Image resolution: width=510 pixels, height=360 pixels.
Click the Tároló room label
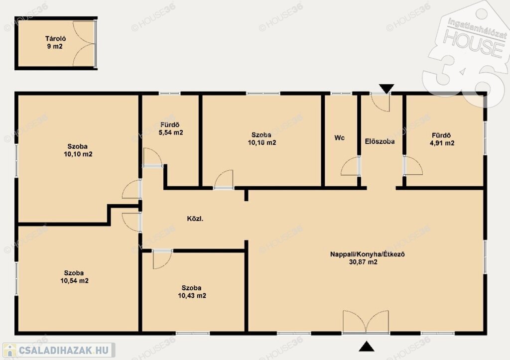(x=55, y=39)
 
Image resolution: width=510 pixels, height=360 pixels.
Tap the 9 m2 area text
(x=55, y=46)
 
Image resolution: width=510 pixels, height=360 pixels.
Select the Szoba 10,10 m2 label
(x=78, y=150)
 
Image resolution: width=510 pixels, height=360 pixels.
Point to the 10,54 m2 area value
(x=75, y=281)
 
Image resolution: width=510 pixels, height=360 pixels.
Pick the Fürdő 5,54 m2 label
(x=171, y=129)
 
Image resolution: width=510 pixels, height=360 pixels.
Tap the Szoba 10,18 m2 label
(x=262, y=139)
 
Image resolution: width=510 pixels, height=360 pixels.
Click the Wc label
(x=339, y=138)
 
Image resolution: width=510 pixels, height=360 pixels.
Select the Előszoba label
(x=380, y=141)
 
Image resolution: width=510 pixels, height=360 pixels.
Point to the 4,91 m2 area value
(x=442, y=143)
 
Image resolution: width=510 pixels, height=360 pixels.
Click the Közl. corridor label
(x=195, y=219)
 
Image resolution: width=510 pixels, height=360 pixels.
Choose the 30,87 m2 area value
(x=363, y=262)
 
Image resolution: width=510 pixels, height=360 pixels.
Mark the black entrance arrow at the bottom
(x=367, y=347)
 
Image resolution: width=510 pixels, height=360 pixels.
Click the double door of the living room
(x=366, y=322)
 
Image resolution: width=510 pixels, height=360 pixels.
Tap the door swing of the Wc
(x=351, y=166)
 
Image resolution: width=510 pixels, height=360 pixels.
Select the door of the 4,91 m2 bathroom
(x=413, y=166)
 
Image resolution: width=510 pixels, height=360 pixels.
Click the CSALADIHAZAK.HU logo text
(x=63, y=350)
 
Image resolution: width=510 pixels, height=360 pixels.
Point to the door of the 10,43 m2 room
(x=162, y=259)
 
